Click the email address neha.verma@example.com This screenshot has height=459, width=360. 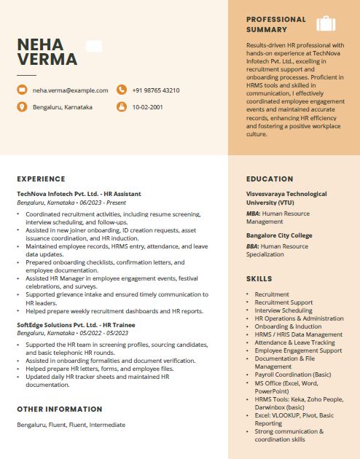coord(70,90)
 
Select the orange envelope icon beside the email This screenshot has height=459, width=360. coord(22,90)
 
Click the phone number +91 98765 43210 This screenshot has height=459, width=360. coord(156,90)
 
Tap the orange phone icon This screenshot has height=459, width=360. coord(121,90)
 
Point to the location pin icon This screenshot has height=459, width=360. coord(22,107)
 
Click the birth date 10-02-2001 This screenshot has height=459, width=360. coord(147,107)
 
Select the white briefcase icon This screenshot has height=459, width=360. coord(326,23)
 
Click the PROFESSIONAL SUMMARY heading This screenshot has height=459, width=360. coord(276,24)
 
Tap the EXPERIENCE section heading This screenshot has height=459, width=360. coord(41,178)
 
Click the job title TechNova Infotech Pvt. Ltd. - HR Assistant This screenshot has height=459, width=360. coord(79,194)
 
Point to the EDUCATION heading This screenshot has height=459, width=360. coord(270,178)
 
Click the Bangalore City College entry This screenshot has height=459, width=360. coord(279,235)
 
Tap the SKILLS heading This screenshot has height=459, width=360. coord(259,279)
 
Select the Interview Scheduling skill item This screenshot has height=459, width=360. coord(283,310)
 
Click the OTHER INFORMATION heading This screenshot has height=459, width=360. coord(60,409)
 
